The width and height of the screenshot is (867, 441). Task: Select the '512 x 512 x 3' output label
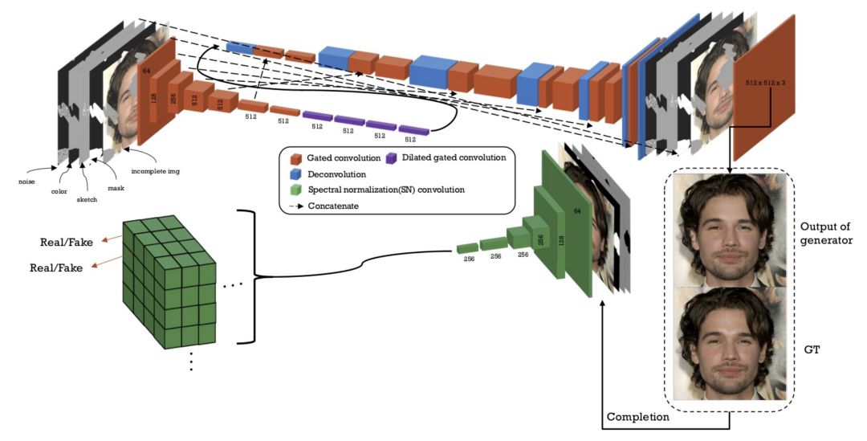tap(767, 83)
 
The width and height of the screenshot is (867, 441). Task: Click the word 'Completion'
tap(638, 417)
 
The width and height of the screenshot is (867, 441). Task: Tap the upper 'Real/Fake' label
tap(68, 243)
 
